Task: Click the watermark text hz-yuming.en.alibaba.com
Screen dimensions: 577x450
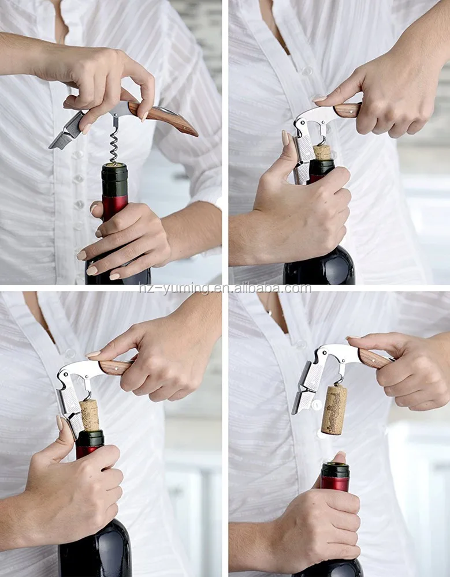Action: (x=225, y=288)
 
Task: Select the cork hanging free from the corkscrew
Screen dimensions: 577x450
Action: (x=334, y=409)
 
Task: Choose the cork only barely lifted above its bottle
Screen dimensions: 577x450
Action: (x=322, y=152)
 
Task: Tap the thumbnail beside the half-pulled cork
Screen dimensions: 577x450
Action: (x=60, y=423)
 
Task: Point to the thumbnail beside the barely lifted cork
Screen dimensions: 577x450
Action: (x=285, y=138)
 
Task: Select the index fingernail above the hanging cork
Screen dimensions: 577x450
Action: (x=353, y=338)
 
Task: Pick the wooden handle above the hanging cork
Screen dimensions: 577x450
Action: (x=373, y=358)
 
